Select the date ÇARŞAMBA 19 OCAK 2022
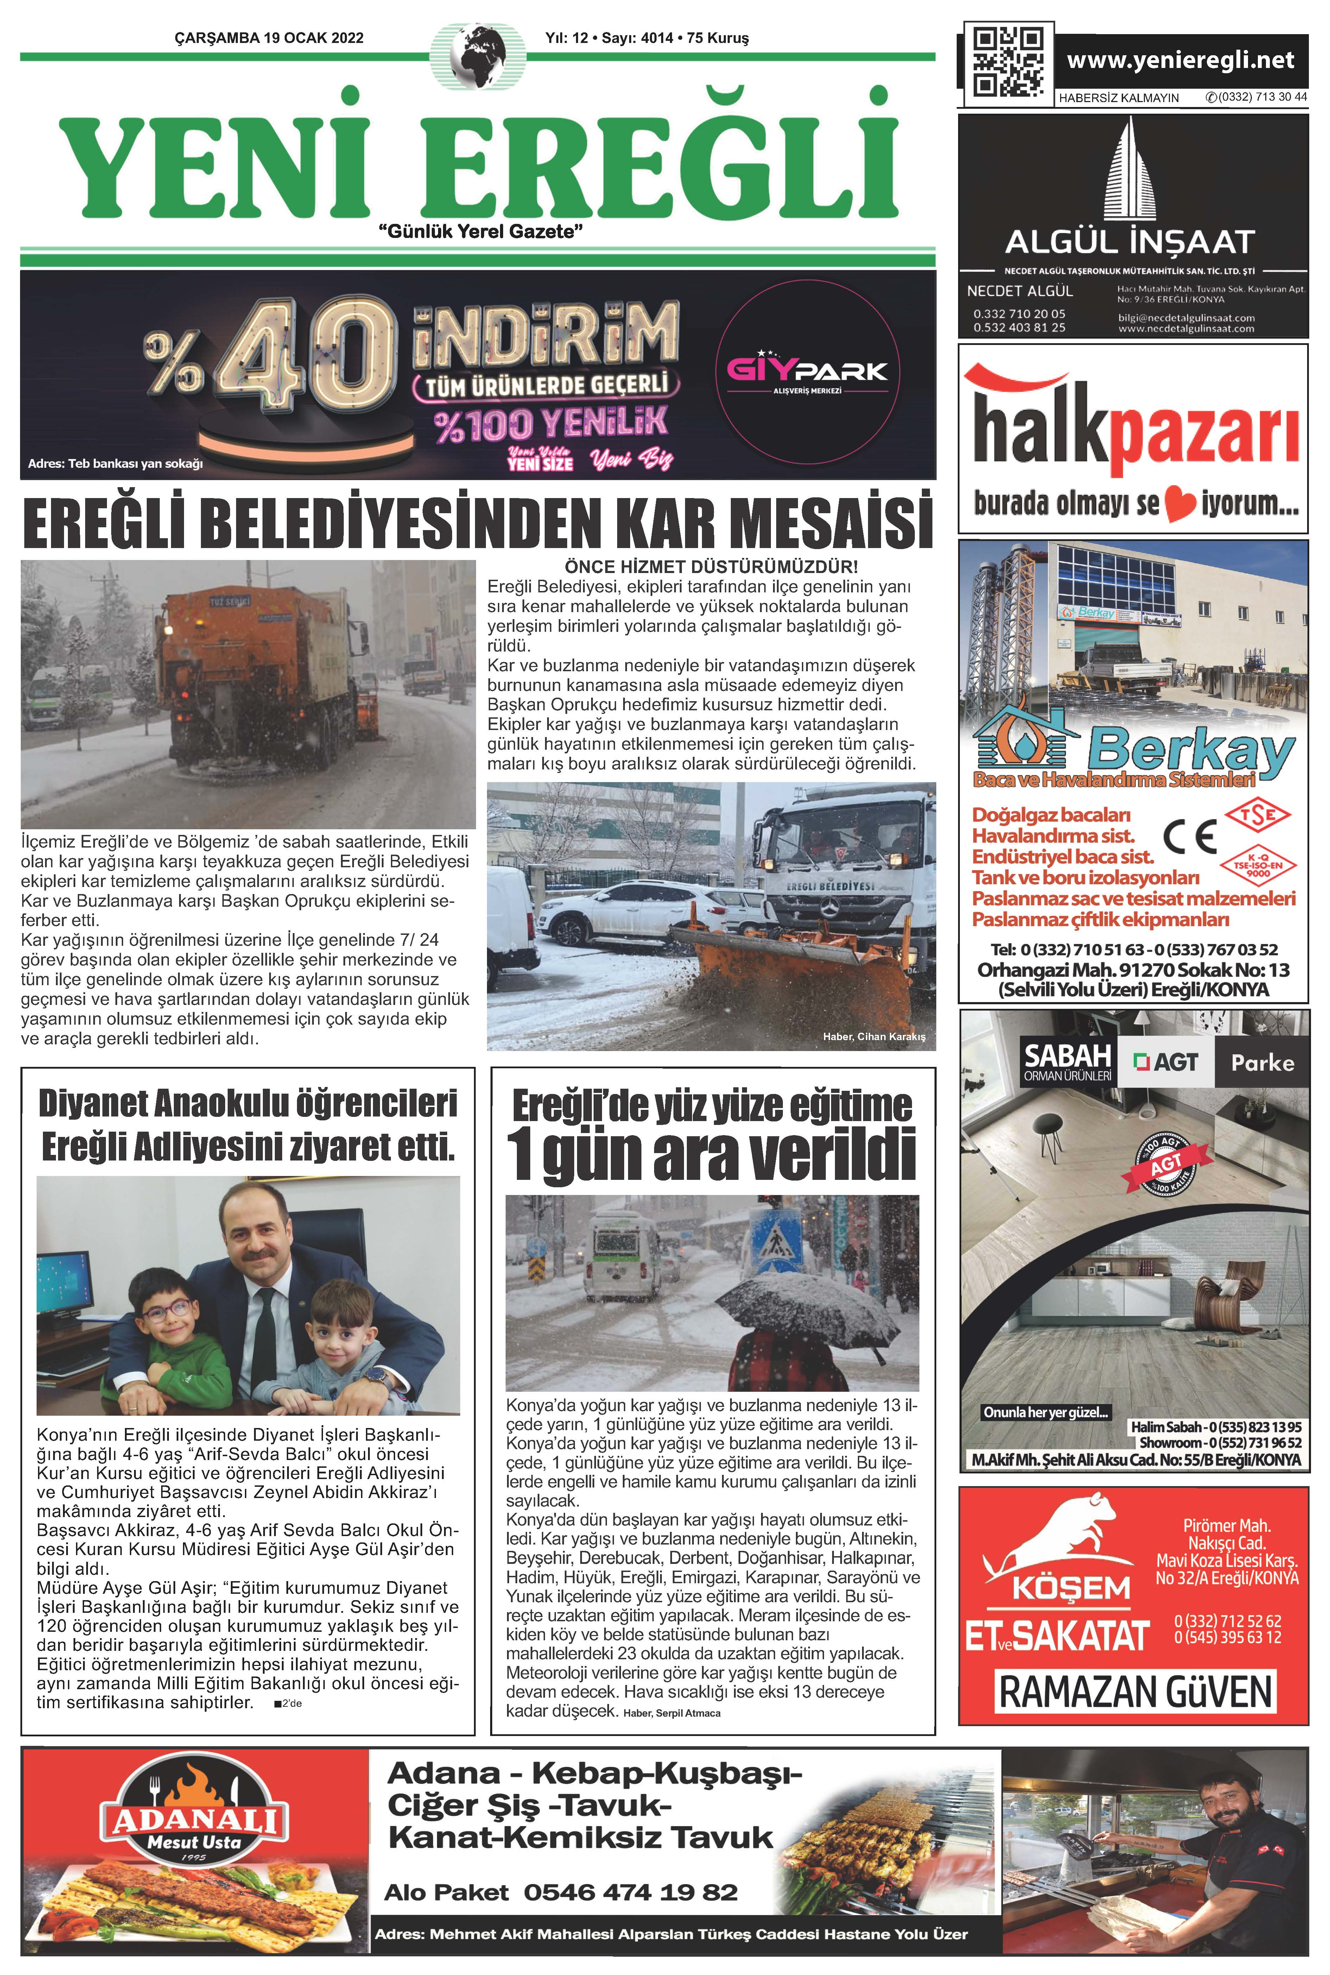pos(269,38)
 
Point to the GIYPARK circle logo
pos(806,372)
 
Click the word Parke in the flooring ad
pos(1262,1063)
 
